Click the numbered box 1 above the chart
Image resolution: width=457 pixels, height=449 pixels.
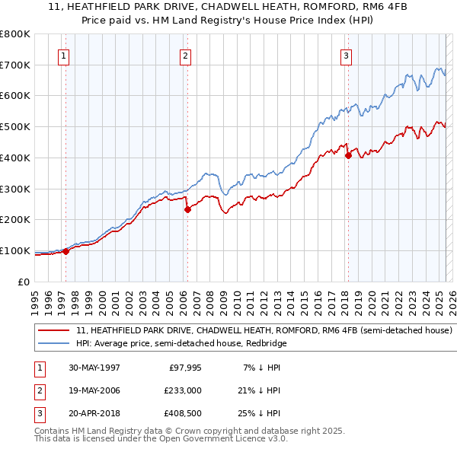point(63,55)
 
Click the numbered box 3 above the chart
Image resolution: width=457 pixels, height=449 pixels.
point(346,55)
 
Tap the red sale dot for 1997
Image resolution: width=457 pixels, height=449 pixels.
point(66,251)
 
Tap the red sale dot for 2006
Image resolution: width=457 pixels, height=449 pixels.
point(187,209)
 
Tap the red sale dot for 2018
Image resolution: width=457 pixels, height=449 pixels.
point(348,155)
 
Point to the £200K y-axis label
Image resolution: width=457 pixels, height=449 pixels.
point(16,219)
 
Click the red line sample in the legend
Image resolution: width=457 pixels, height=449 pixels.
point(54,331)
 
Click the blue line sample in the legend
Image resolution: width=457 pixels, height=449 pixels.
point(54,344)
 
